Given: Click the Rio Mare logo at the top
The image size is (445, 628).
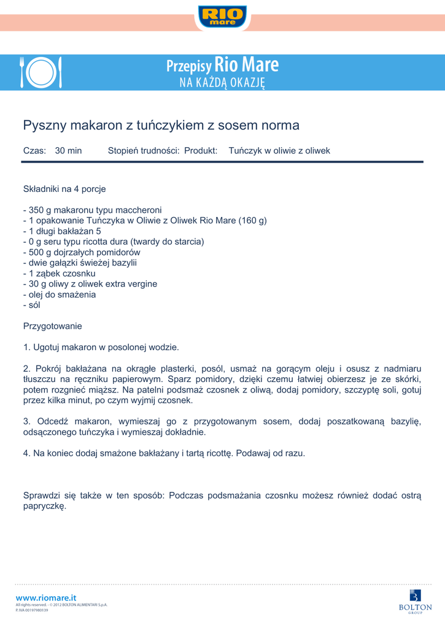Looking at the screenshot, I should coord(222,16).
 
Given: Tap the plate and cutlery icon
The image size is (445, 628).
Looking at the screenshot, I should coord(41,72).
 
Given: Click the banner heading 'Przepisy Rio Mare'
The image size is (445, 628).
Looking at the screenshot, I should coord(222,65).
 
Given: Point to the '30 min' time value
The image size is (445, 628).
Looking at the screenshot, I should coord(68,150).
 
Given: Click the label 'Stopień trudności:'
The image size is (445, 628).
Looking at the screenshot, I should coord(144,150).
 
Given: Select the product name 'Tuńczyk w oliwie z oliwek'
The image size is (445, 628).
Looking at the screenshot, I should coord(279,150).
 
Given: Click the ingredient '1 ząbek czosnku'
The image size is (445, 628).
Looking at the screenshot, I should coord(59,273).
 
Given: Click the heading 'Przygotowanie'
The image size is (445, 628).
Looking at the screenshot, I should coord(53,326).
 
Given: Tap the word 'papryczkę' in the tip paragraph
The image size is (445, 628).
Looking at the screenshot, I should coord(44,507).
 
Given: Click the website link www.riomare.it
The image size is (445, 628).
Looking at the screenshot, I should coord(46,597).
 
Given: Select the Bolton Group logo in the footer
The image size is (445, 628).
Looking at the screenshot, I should coord(416,600).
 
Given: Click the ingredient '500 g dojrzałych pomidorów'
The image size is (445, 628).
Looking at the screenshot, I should coord(82,252).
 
